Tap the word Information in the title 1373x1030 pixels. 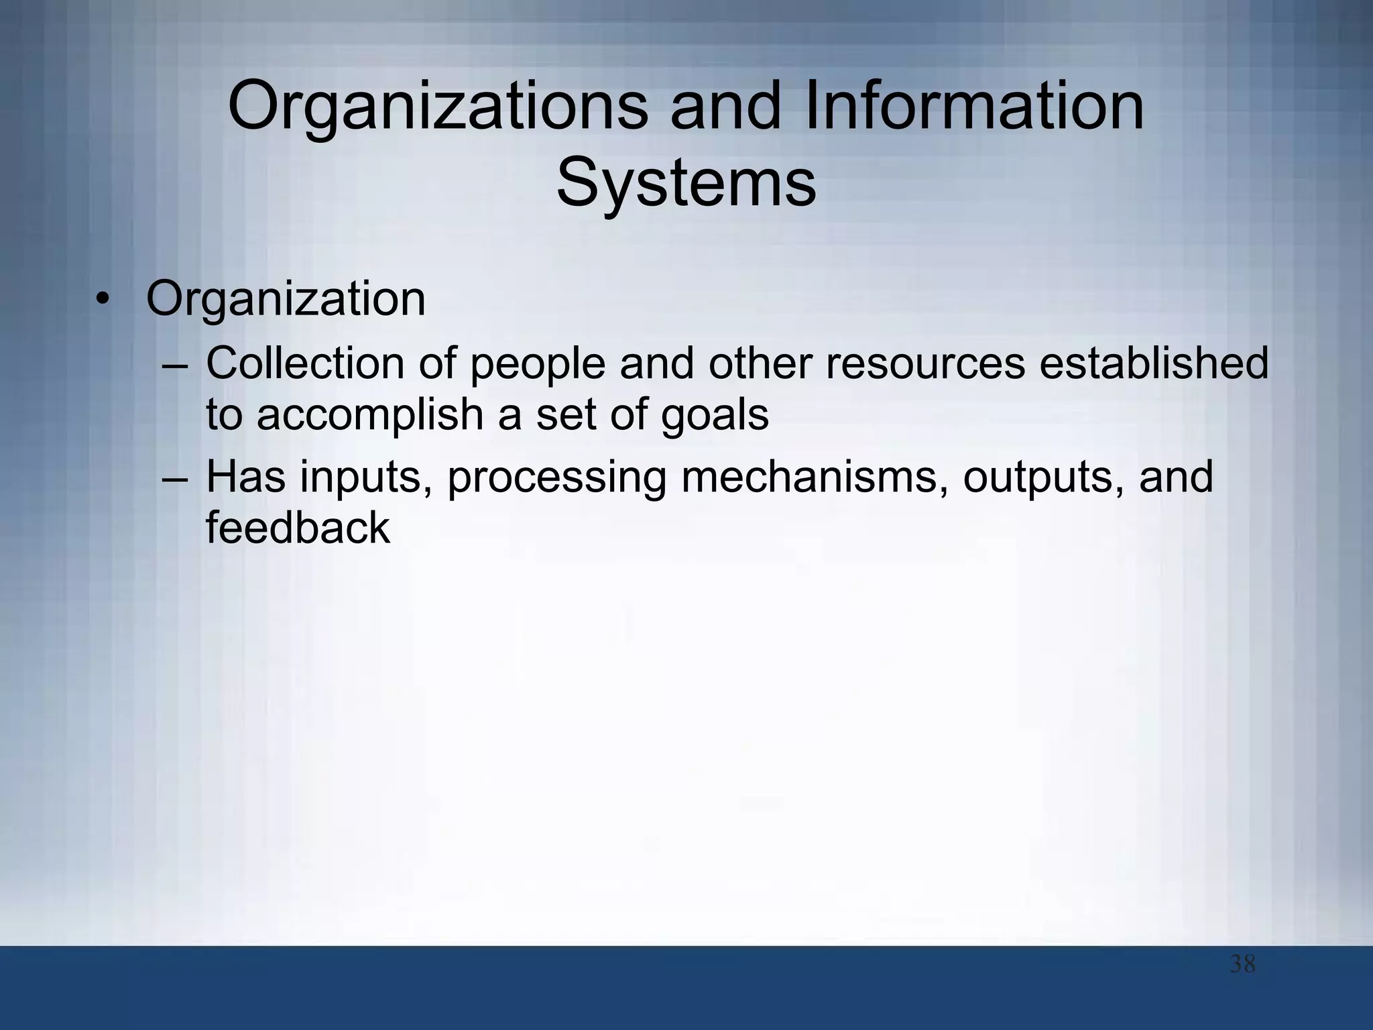click(x=973, y=106)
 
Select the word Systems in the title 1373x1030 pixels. click(x=686, y=183)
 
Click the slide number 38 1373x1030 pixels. click(x=1242, y=964)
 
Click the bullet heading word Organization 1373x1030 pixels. click(x=286, y=299)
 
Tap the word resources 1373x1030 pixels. click(x=925, y=364)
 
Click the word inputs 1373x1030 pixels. click(x=365, y=477)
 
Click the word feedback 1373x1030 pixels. click(x=297, y=528)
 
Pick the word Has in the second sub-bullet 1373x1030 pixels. click(x=245, y=477)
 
